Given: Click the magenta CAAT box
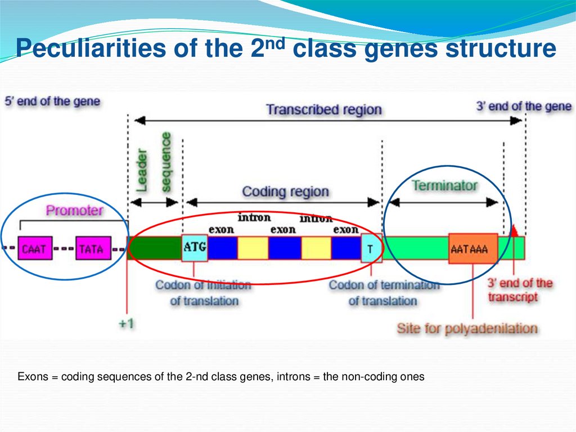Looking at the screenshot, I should [35, 248].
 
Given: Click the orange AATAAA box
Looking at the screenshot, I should [473, 248].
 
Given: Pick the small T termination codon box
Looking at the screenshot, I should [371, 248].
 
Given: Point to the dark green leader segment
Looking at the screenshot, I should [155, 248].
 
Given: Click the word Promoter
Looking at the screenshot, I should [75, 211].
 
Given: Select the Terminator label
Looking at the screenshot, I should [444, 185].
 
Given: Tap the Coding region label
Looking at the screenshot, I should [285, 191].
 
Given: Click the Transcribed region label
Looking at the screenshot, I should [323, 109].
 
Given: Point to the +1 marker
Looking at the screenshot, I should [125, 324].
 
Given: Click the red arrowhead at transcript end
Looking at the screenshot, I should [514, 230].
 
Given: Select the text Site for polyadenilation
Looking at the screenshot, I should [467, 328].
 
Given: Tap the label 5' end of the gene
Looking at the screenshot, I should [52, 102].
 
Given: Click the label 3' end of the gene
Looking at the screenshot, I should [524, 106].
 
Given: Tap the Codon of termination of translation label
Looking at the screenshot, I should [384, 293].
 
